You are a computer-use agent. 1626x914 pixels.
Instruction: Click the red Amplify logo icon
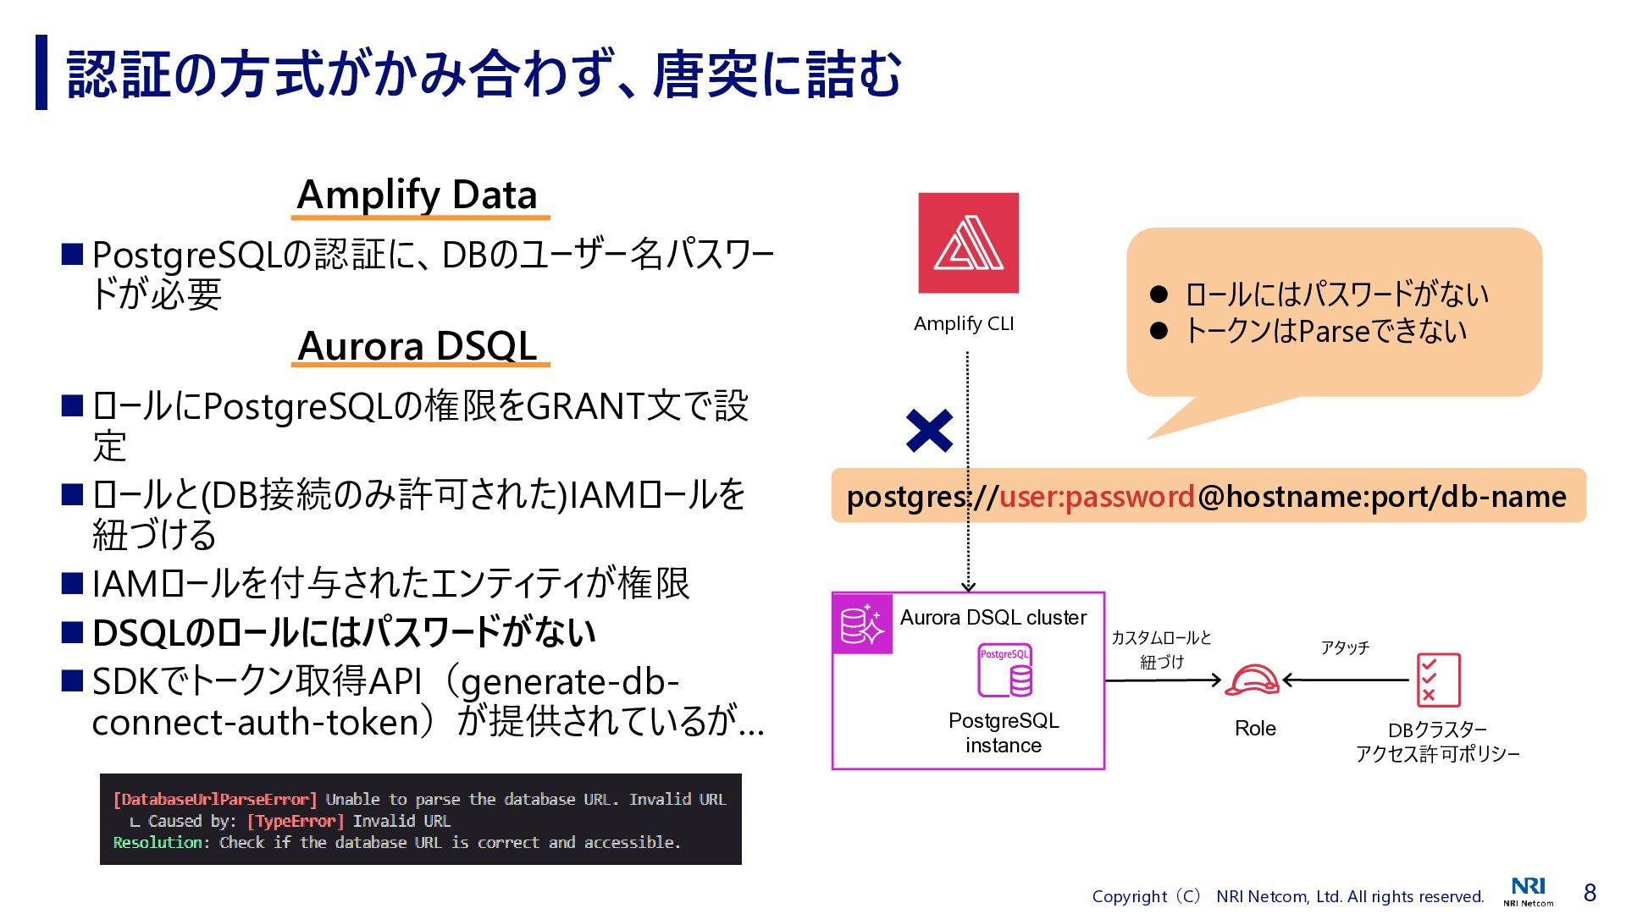click(x=968, y=243)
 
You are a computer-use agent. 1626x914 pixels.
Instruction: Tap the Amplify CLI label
click(x=964, y=324)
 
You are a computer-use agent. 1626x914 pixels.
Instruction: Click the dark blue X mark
click(x=929, y=431)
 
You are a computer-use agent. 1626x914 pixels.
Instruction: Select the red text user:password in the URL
click(x=1097, y=497)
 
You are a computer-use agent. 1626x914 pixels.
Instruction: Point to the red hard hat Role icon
click(x=1252, y=680)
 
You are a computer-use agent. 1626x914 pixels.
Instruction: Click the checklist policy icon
click(x=1438, y=680)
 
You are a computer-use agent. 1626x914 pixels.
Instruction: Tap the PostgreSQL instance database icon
click(x=1005, y=671)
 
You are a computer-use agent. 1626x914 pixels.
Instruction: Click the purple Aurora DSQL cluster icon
click(x=862, y=625)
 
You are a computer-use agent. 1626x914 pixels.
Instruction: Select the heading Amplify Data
click(x=418, y=195)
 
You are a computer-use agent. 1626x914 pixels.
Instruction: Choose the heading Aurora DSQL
click(x=418, y=346)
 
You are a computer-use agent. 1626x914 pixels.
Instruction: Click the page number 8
click(x=1590, y=893)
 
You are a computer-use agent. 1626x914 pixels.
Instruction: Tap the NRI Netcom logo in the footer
click(x=1528, y=891)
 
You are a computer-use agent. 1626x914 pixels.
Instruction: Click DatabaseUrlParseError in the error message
click(x=215, y=800)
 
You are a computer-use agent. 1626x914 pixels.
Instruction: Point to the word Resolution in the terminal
click(x=158, y=843)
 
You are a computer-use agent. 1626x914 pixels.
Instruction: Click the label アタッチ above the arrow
click(x=1344, y=648)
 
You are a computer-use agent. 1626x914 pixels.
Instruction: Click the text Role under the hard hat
click(x=1255, y=729)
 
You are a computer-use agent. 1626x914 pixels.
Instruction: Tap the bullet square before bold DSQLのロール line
click(x=72, y=632)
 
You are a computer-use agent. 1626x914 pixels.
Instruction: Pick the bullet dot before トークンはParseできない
click(x=1159, y=331)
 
